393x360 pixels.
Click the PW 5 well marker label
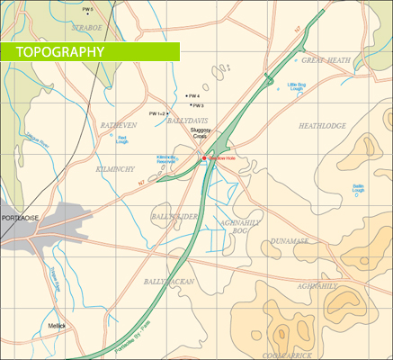tap(87, 10)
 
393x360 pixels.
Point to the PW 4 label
tap(192, 95)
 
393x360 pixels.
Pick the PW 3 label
tap(197, 105)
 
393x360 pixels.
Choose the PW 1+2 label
tap(156, 114)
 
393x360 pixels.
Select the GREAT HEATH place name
tap(325, 60)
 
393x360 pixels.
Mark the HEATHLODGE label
tap(322, 126)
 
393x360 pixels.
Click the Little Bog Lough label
tap(297, 87)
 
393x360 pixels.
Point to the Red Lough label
tap(122, 139)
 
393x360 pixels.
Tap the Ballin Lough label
tap(358, 188)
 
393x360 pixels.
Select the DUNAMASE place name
tap(290, 241)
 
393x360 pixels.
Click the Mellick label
tap(57, 325)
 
